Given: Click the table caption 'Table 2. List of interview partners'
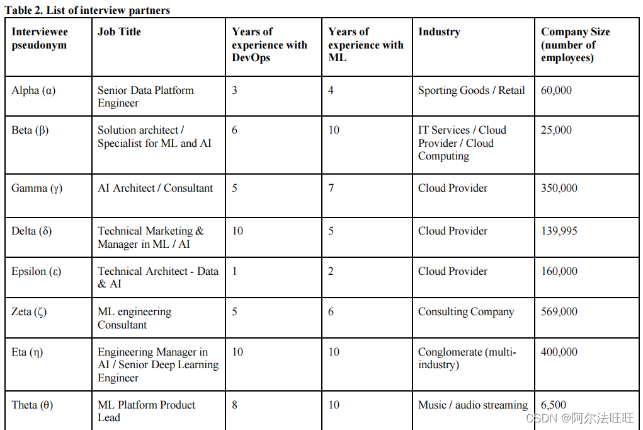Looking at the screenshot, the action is point(88,10).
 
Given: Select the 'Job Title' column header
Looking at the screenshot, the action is point(119,32).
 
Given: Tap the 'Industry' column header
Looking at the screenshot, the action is point(439,32).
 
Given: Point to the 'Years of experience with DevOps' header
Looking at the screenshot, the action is point(269,45).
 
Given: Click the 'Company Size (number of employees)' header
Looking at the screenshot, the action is point(575,45).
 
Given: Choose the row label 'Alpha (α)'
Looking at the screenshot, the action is point(33,90).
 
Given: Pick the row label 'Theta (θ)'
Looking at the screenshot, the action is point(32,405).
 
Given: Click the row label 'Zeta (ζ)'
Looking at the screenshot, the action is point(29,311).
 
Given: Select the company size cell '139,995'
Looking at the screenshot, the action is point(559,231).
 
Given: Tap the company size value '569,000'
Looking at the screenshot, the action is point(559,311).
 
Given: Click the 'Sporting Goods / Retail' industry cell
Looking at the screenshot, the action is point(471,90).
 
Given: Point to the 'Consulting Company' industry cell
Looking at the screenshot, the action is point(466,311).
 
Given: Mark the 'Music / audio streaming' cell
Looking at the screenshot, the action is point(473,405).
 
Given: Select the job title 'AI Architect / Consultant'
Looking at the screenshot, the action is point(155,188).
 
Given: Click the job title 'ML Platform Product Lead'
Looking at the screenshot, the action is point(146,411).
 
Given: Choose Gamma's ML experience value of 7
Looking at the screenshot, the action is point(331,188).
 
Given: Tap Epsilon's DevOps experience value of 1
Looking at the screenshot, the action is point(235,271).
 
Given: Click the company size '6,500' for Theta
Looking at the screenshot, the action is point(554,405).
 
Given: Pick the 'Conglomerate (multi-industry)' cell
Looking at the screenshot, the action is point(467,358).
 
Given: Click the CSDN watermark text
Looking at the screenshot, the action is point(579,418).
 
